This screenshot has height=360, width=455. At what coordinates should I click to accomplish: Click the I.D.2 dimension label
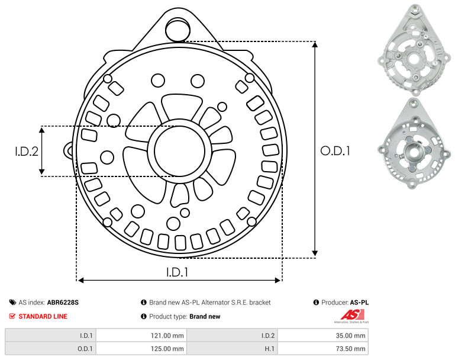(27, 151)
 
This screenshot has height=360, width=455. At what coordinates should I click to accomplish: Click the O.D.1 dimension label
(335, 151)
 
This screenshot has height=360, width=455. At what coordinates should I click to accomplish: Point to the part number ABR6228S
(63, 303)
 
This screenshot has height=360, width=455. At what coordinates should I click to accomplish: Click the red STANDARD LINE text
(43, 316)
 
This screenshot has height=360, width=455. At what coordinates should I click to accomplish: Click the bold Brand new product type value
(205, 316)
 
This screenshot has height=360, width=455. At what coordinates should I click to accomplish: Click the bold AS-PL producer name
(359, 303)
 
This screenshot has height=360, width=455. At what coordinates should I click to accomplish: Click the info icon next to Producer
(316, 303)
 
